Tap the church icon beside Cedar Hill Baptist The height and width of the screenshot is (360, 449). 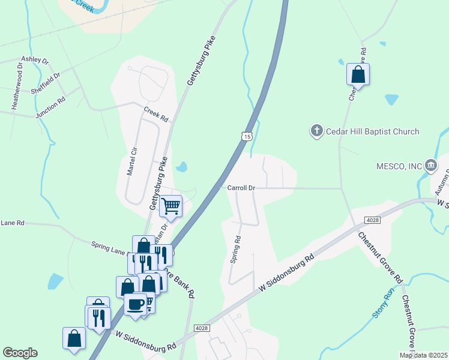317,131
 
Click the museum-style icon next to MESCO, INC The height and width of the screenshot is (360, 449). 430,165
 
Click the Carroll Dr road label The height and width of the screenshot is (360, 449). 241,188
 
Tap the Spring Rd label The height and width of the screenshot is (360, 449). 235,249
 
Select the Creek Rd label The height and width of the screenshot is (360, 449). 156,114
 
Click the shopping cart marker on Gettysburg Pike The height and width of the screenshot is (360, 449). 172,206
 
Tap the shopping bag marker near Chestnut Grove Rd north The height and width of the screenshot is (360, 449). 358,74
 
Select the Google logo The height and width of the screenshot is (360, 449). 20,353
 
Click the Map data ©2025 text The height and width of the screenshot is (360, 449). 424,355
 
